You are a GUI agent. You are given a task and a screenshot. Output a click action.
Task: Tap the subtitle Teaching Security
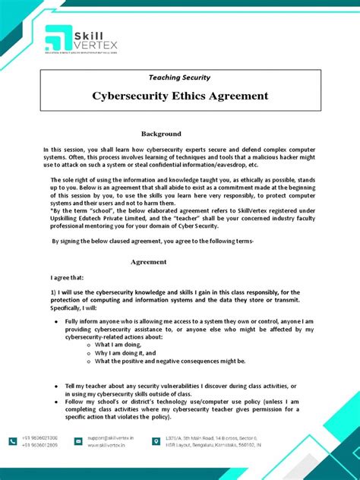(x=179, y=77)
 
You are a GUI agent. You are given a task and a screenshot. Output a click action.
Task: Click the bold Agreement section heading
(x=148, y=261)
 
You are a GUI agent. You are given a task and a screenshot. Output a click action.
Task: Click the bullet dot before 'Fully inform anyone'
(x=58, y=321)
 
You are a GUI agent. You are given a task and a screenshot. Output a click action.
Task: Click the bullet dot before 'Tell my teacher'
(x=58, y=386)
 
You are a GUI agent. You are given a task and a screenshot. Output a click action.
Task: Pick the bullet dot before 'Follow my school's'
(x=58, y=403)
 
